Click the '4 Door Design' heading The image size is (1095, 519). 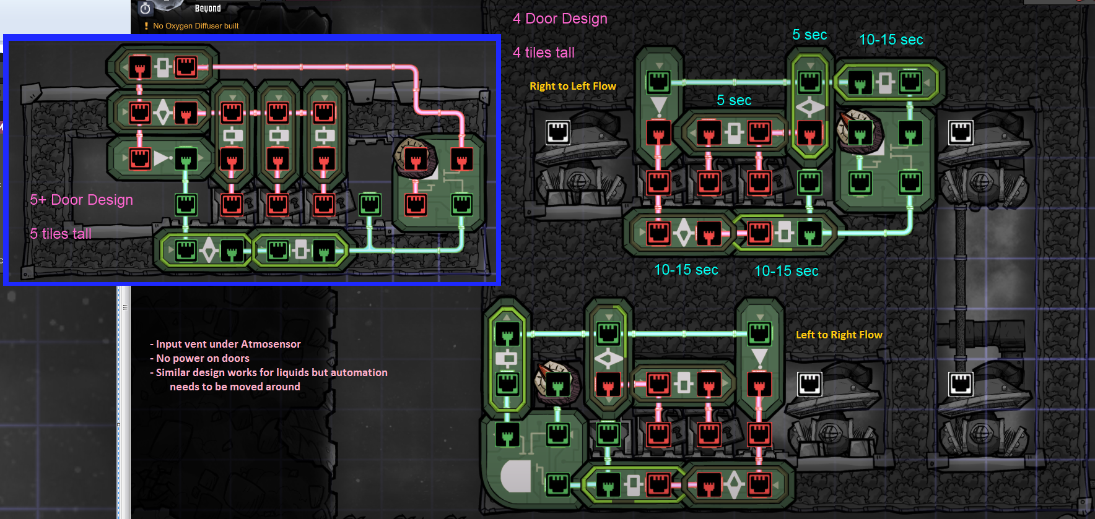pyautogui.click(x=560, y=19)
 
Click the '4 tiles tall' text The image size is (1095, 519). pyautogui.click(x=543, y=53)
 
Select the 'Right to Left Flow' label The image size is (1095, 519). pyautogui.click(x=572, y=86)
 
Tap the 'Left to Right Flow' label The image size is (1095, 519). pyautogui.click(x=839, y=335)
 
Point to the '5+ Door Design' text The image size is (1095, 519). pyautogui.click(x=81, y=200)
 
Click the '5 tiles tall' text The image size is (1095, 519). pyautogui.click(x=60, y=234)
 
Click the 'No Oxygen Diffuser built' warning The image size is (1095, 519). pyautogui.click(x=195, y=26)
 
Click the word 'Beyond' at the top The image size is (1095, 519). pyautogui.click(x=207, y=9)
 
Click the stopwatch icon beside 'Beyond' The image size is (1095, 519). pyautogui.click(x=146, y=9)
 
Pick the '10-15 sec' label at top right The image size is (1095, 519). pyautogui.click(x=891, y=40)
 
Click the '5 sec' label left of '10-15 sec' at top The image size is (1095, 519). pyautogui.click(x=809, y=35)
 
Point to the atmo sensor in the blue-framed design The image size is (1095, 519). pyautogui.click(x=416, y=158)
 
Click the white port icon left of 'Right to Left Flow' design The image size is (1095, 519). pyautogui.click(x=557, y=132)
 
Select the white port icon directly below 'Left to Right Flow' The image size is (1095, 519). pyautogui.click(x=809, y=384)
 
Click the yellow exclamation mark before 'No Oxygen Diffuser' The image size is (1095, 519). pyautogui.click(x=146, y=26)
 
